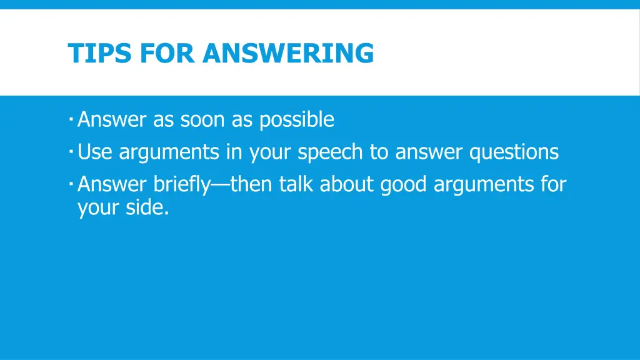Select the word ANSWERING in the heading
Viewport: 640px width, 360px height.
tap(288, 53)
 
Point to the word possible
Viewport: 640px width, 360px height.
tap(297, 119)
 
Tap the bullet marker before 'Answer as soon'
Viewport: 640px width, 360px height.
tap(72, 117)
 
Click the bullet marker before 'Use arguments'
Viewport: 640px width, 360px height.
tap(72, 150)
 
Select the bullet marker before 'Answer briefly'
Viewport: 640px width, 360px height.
tap(72, 182)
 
